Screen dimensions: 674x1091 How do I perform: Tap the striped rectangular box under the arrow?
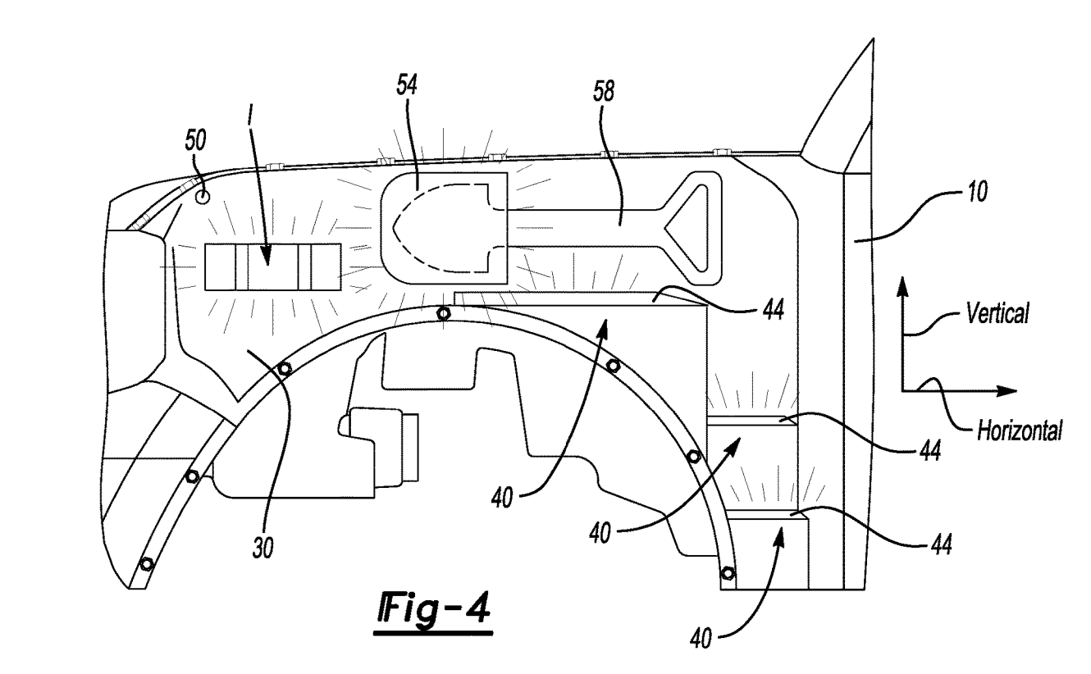tap(272, 267)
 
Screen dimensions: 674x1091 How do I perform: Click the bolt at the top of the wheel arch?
tap(443, 312)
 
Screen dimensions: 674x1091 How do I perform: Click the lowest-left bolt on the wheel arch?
tap(147, 564)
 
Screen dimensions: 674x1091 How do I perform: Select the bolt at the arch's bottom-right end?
tap(727, 572)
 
